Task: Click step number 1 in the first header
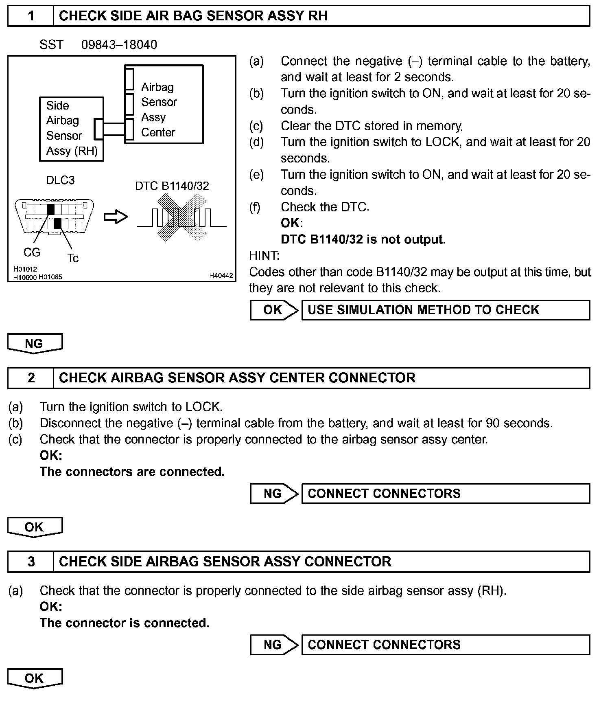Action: [31, 16]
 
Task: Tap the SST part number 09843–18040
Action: [119, 45]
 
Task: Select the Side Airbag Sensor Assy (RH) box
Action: [72, 129]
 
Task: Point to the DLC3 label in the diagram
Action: [60, 180]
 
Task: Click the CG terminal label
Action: [32, 252]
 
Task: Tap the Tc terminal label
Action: [73, 258]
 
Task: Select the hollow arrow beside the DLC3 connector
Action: [116, 217]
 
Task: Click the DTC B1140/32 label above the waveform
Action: [172, 186]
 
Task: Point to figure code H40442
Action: [221, 276]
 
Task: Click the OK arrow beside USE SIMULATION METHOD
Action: [273, 310]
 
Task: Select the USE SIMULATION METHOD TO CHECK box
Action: [446, 310]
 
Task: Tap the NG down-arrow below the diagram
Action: [35, 344]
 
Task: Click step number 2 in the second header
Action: [31, 378]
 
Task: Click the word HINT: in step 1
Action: [264, 256]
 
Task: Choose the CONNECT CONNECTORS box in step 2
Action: [446, 494]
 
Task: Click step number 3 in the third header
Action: [31, 562]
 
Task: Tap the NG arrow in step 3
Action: [273, 645]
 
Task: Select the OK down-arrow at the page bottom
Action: [35, 678]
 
